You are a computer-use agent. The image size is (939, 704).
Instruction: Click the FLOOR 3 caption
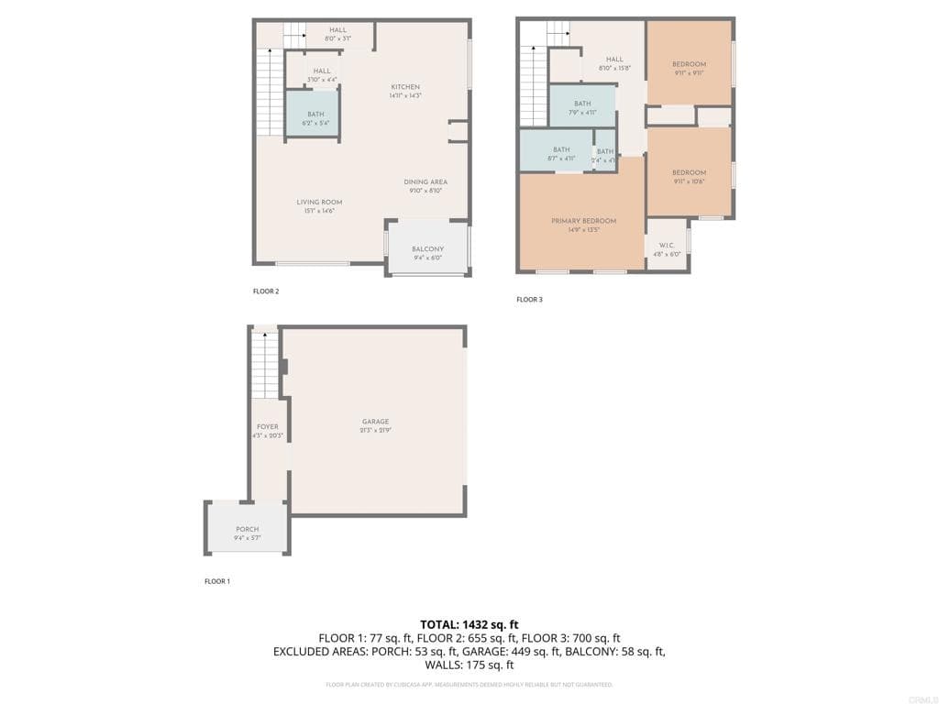pos(529,300)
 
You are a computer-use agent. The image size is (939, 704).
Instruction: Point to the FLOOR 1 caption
pos(217,581)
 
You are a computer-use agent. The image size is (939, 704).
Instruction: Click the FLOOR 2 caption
pos(266,291)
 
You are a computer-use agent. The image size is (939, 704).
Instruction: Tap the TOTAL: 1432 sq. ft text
pos(469,623)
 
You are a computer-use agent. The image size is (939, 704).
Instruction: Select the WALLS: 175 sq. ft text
pos(469,665)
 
